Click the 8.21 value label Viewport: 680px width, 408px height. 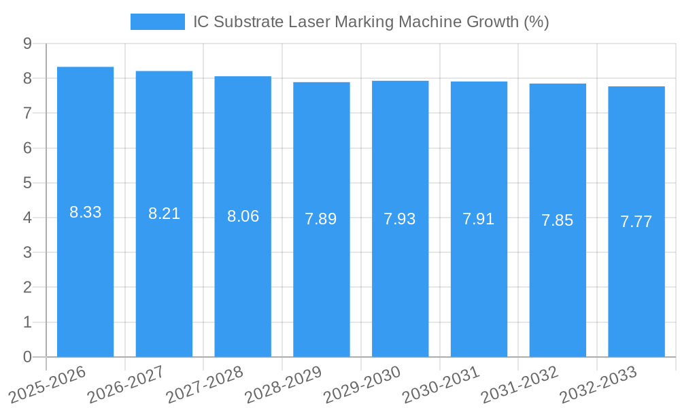(164, 214)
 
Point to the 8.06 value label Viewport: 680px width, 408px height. (243, 216)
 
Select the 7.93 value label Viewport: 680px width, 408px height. (400, 219)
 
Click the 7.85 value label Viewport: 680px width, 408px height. (558, 220)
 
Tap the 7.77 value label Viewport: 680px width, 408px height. (636, 222)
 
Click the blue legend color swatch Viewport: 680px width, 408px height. (157, 22)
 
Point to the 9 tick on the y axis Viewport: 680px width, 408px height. (27, 44)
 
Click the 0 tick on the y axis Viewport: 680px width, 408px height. (27, 357)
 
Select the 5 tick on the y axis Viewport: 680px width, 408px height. (27, 183)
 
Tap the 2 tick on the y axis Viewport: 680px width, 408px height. (27, 288)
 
